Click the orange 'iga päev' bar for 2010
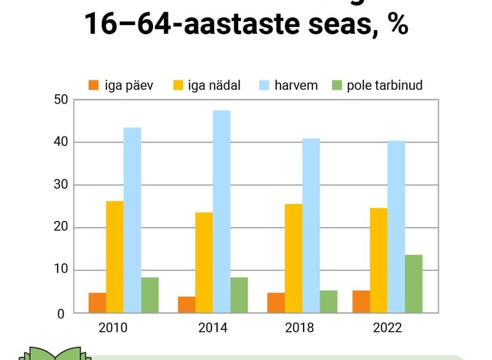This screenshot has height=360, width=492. [97, 303]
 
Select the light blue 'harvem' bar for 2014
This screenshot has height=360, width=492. [222, 212]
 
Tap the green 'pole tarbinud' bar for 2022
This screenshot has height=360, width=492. [413, 284]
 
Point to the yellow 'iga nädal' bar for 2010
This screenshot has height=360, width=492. [115, 257]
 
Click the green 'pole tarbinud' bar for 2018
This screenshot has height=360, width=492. [329, 302]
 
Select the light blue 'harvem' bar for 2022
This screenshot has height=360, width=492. [396, 227]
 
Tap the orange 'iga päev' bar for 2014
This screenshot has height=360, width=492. [186, 305]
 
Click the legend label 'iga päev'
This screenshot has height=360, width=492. [129, 85]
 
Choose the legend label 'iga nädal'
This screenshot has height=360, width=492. [214, 85]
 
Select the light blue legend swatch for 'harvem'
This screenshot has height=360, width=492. [264, 85]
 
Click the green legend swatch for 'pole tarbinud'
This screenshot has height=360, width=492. [337, 85]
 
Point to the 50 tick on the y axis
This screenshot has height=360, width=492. [61, 99]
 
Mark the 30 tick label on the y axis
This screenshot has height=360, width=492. [61, 185]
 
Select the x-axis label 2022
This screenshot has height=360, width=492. [387, 328]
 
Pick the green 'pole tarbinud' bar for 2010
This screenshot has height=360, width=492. [150, 295]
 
